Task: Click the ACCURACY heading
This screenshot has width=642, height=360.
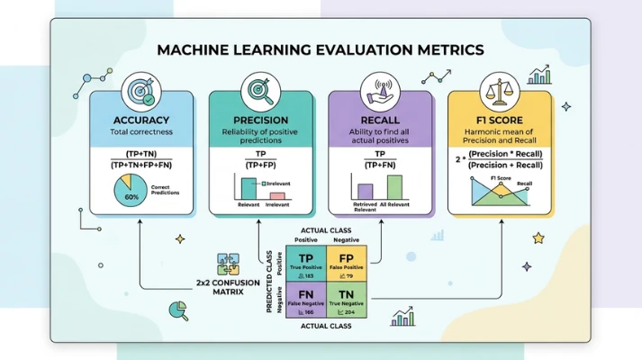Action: click(142, 120)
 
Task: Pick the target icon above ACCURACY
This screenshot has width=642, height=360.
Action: click(142, 91)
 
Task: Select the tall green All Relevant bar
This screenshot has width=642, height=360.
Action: click(394, 186)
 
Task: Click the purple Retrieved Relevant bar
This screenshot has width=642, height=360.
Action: click(365, 191)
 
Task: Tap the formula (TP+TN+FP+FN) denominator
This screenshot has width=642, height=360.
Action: click(142, 164)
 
